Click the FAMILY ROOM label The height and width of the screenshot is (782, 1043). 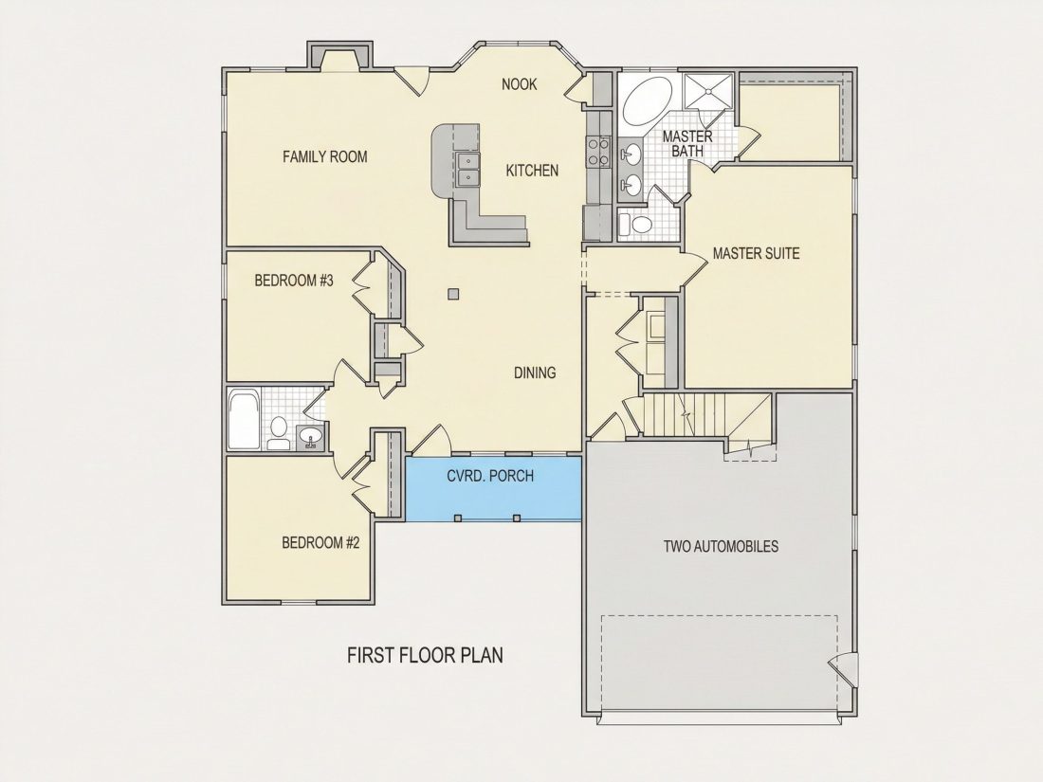click(324, 157)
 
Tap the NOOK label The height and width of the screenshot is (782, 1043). click(520, 84)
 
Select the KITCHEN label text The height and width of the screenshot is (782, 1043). click(532, 171)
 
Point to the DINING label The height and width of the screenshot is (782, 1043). click(535, 373)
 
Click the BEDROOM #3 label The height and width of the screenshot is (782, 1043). click(294, 281)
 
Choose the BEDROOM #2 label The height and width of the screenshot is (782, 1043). click(320, 542)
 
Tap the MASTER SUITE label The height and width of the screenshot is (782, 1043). click(757, 253)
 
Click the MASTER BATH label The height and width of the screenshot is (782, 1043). click(687, 144)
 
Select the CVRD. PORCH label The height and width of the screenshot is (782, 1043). click(490, 476)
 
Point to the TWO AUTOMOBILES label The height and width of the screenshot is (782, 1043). click(721, 547)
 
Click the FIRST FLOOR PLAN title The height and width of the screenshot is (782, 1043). click(425, 655)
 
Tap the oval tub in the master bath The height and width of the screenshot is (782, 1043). click(648, 101)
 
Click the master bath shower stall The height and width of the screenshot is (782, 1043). click(709, 90)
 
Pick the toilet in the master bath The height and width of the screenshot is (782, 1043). click(635, 224)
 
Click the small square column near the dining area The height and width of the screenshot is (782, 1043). click(453, 293)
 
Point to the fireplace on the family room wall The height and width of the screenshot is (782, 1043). click(339, 56)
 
